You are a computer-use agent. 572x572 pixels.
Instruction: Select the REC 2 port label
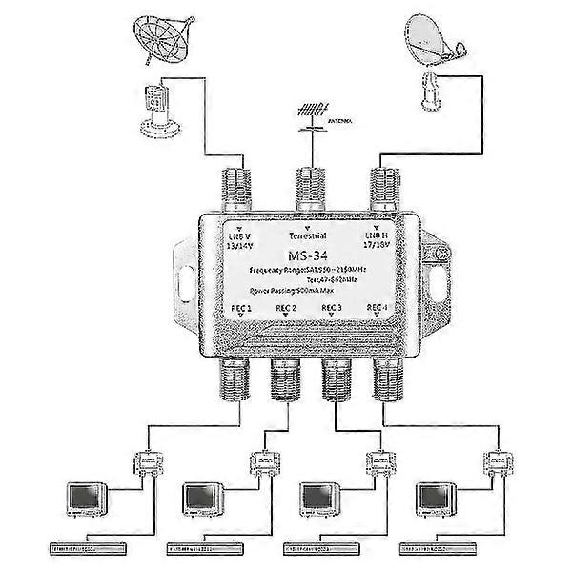pos(287,307)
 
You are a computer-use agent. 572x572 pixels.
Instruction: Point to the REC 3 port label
pos(333,307)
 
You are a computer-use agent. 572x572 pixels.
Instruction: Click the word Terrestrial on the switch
pos(306,235)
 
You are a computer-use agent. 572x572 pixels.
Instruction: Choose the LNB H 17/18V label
pos(375,239)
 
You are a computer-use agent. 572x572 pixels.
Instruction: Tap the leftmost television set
pos(84,499)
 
